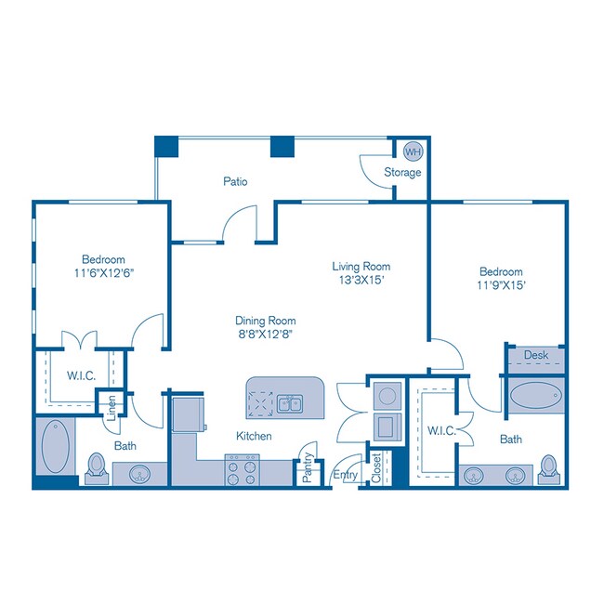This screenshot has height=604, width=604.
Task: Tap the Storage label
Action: (x=403, y=172)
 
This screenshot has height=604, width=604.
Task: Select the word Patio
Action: (x=235, y=181)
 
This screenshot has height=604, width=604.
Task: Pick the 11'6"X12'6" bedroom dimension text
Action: (x=103, y=273)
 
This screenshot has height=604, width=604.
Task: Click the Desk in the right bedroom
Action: (x=536, y=356)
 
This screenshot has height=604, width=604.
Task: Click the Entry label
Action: (x=345, y=475)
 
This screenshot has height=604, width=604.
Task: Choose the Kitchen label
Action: (x=253, y=436)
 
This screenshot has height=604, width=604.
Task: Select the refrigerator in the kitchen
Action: (x=190, y=413)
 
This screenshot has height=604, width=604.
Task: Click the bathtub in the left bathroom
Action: (x=55, y=449)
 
